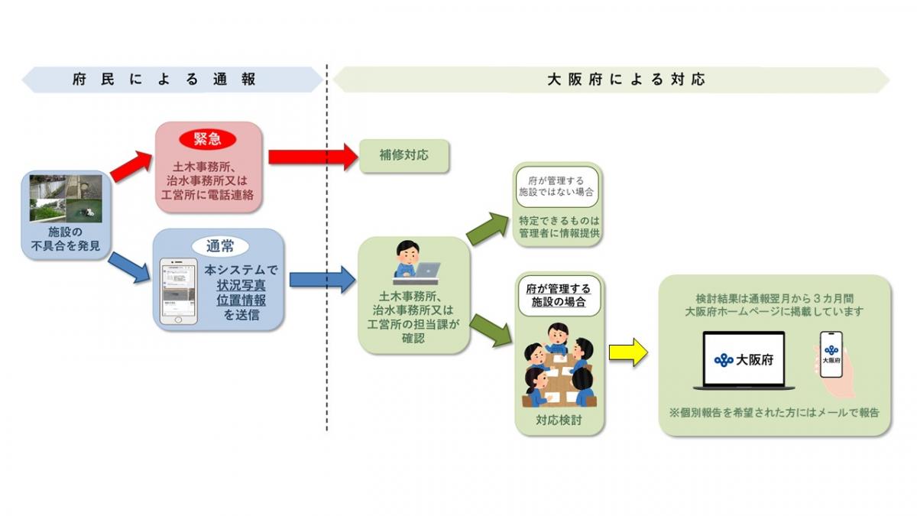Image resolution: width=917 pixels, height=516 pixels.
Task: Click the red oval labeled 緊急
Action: (x=208, y=138)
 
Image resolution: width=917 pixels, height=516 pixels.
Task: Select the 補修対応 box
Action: (x=403, y=155)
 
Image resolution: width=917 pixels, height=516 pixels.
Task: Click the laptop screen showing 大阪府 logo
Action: (x=743, y=359)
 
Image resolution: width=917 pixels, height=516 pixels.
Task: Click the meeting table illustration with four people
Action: (x=559, y=365)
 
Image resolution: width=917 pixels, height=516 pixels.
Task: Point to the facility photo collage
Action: (x=65, y=199)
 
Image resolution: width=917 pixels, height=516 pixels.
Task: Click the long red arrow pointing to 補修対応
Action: (x=313, y=156)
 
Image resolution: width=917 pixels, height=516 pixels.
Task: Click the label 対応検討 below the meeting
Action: (x=559, y=420)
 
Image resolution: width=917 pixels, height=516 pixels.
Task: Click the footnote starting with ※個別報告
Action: (x=774, y=412)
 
